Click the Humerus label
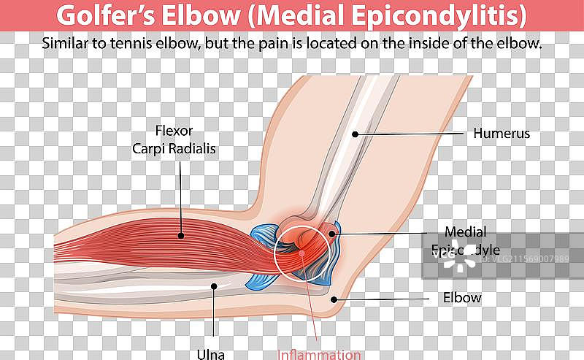click(501, 134)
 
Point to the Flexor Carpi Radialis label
click(174, 139)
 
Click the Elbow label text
click(462, 297)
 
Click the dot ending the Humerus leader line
click(356, 134)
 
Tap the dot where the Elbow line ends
click(334, 298)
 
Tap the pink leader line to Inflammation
click(312, 307)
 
